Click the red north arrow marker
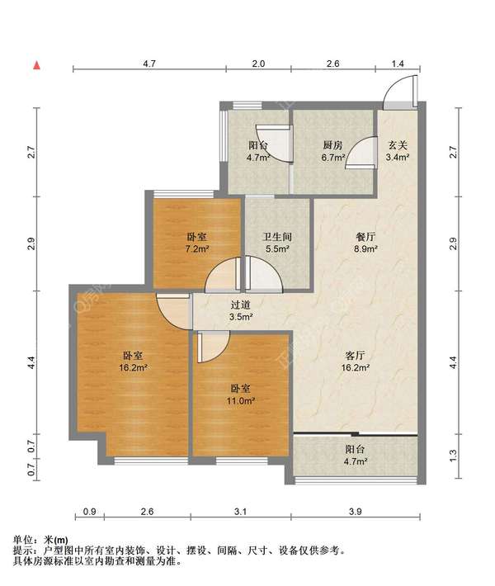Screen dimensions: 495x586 pos(36,65)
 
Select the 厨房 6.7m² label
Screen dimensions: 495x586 pos(332,151)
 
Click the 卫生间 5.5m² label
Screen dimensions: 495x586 pos(277,243)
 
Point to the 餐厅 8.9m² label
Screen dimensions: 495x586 pos(365,243)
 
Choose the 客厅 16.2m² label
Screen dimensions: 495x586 pos(356,361)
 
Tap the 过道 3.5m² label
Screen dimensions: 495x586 pos(241,311)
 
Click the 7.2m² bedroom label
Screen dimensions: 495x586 pos(197,243)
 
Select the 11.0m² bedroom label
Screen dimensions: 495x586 pos(241,395)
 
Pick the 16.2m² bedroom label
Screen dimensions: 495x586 pos(134,361)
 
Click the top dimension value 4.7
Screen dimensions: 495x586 pos(149,64)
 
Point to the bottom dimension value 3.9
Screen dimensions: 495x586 pos(355,511)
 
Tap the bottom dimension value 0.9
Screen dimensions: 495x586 pos(90,511)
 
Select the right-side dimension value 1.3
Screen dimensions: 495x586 pos(453,455)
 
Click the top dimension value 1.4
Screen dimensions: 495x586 pos(398,64)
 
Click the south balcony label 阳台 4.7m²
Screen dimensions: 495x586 pos(356,455)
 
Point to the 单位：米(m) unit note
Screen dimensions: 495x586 pos(40,540)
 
